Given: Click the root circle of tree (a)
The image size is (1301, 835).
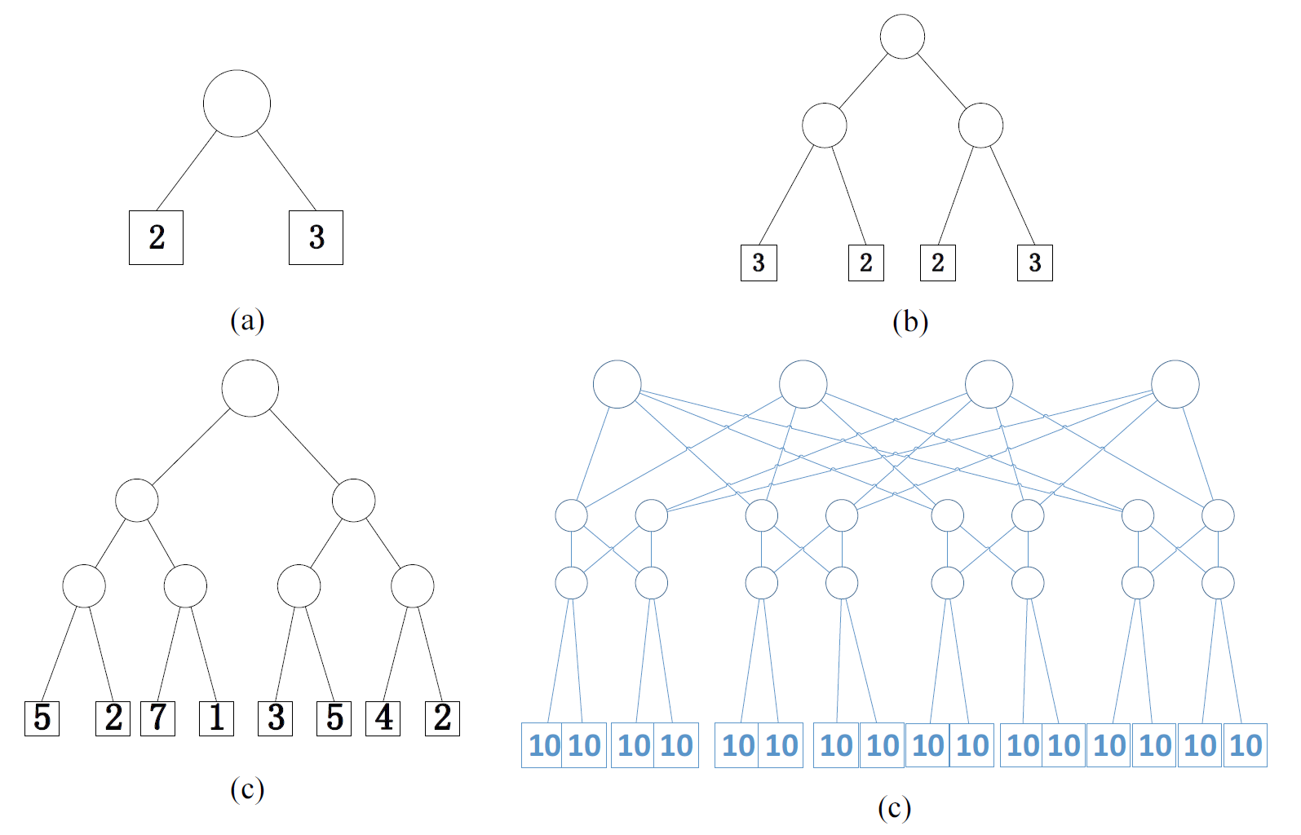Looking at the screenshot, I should [x=237, y=104].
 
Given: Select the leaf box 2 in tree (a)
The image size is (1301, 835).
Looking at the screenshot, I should [x=156, y=237].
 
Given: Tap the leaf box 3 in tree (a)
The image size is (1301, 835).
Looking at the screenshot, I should [x=316, y=237].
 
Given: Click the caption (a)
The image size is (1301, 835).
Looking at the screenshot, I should [x=247, y=320].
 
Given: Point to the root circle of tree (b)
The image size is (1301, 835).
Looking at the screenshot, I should [x=902, y=37].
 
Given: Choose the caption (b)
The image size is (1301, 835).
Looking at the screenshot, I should [x=910, y=322].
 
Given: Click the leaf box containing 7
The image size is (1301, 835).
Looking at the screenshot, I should [x=157, y=718].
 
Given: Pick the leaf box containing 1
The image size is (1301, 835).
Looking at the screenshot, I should [x=216, y=718].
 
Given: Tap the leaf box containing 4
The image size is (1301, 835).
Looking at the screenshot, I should [x=383, y=718].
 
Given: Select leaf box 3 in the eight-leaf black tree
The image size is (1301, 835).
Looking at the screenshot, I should [x=276, y=718].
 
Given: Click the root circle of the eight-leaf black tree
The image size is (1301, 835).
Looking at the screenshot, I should [x=250, y=388].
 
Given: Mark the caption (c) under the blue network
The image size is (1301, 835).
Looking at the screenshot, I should [x=894, y=807].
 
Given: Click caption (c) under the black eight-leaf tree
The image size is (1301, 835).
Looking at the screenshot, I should [x=247, y=789].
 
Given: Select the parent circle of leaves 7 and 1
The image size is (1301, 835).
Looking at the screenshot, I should [x=185, y=585].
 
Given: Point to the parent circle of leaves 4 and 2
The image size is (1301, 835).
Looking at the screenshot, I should [x=412, y=585].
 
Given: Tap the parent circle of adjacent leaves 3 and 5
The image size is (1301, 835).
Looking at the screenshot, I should [x=299, y=585].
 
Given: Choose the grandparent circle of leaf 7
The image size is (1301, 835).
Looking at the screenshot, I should [x=136, y=500].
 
